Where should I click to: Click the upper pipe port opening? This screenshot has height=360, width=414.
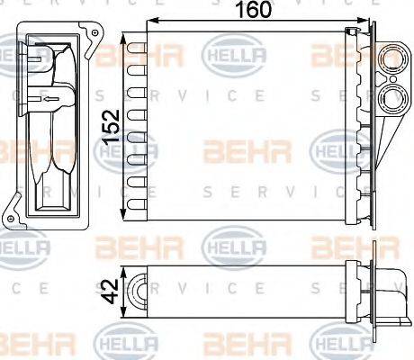(393, 62)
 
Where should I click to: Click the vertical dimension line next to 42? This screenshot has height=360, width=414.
(123, 290)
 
